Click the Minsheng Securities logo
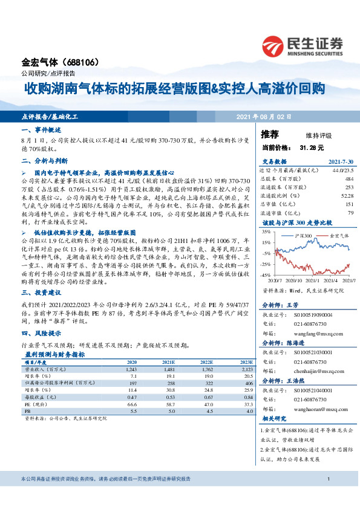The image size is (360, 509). click(303, 44)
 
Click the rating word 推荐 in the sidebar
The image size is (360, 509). click(270, 134)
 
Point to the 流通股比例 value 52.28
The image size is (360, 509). click(345, 195)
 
